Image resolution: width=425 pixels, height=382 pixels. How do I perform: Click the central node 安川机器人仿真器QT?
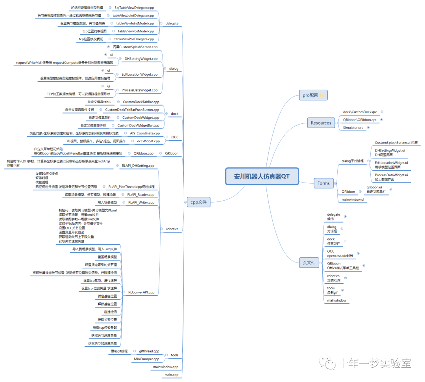point(261,176)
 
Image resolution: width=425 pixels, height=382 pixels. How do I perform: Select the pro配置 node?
point(313,95)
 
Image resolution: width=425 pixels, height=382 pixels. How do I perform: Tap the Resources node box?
point(321,123)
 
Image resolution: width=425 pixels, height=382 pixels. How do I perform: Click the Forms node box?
point(323,183)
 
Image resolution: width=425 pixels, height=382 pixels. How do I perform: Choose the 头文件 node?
point(309,263)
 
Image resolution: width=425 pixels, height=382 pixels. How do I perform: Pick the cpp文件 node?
point(198,202)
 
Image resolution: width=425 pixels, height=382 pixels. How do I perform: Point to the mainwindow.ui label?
point(353,200)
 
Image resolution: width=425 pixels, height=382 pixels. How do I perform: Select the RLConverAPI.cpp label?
point(141,292)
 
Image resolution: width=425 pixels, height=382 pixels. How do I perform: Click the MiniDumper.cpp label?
point(146,359)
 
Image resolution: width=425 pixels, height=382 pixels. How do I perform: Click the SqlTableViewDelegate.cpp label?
point(134,7)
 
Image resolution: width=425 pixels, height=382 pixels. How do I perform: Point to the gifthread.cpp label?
point(149,351)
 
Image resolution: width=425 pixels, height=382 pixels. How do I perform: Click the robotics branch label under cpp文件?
point(172,229)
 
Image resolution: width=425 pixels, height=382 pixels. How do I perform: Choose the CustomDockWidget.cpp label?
point(141,117)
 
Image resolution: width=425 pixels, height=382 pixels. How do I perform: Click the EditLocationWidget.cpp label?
point(140,74)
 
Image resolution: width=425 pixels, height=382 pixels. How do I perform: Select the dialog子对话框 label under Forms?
point(353,161)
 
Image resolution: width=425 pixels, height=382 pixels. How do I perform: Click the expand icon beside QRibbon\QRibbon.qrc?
point(381,119)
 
